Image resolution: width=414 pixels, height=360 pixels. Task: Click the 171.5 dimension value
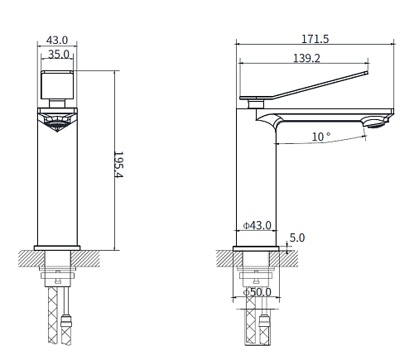(x=315, y=39)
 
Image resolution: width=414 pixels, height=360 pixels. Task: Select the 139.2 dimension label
(x=306, y=59)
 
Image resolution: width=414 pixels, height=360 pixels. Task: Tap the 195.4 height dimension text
(x=118, y=165)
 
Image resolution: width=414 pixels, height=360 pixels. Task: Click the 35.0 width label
(x=59, y=55)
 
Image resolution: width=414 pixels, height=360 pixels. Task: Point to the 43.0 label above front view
(x=57, y=41)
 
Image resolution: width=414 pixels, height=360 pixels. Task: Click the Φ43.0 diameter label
(x=257, y=225)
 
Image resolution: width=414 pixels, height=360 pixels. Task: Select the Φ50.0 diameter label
(x=257, y=292)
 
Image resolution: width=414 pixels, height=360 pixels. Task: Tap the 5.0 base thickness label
(x=297, y=238)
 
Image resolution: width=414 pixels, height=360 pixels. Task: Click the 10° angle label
(x=321, y=137)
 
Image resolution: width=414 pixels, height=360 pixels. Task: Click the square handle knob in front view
(x=57, y=85)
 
